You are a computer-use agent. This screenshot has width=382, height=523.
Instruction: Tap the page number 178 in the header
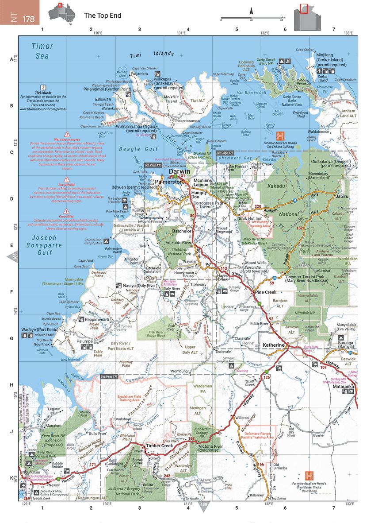(29, 19)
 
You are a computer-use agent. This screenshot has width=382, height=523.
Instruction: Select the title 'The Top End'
(103, 15)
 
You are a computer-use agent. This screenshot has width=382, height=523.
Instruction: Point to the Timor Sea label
(42, 50)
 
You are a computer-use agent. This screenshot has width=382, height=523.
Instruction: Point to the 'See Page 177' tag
(109, 376)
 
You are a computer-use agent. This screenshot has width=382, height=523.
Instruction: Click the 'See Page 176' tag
(225, 153)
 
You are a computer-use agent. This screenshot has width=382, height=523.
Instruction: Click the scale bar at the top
(252, 19)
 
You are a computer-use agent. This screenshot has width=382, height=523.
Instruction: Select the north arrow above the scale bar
(251, 11)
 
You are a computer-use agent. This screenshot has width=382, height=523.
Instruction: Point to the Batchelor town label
(182, 231)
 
